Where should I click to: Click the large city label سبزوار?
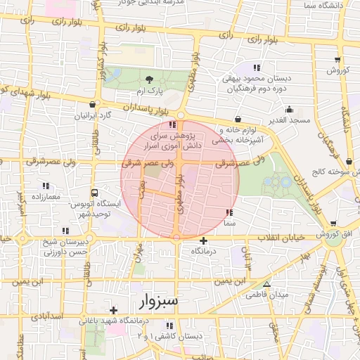pyautogui.click(x=155, y=302)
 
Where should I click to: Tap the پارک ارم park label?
pyautogui.click(x=148, y=92)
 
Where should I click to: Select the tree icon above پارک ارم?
pyautogui.click(x=148, y=79)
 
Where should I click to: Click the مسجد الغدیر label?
pyautogui.click(x=288, y=121)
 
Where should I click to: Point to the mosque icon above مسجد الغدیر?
pyautogui.click(x=289, y=109)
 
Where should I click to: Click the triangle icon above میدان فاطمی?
pyautogui.click(x=266, y=284)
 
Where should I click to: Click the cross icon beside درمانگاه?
pyautogui.click(x=204, y=241)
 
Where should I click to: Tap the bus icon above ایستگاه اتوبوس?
pyautogui.click(x=95, y=192)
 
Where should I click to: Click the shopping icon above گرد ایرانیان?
pyautogui.click(x=92, y=104)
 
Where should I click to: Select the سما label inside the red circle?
pyautogui.click(x=229, y=222)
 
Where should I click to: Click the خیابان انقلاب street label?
pyautogui.click(x=284, y=238)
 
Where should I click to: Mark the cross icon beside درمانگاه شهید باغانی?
pyautogui.click(x=112, y=310)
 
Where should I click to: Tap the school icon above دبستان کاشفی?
pyautogui.click(x=169, y=326)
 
